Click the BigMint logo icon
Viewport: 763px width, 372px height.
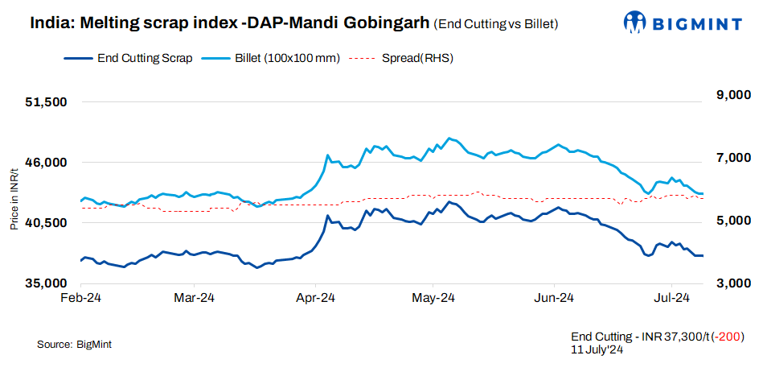coord(634,22)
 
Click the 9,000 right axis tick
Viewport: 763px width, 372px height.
coord(732,96)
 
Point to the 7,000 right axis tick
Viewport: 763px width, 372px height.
coord(732,159)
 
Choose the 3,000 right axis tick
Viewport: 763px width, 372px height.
coord(732,283)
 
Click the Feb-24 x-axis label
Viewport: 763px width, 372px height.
coord(80,299)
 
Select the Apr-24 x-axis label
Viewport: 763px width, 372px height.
coord(315,299)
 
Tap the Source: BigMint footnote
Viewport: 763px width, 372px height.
coord(74,345)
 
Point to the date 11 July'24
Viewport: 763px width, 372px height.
coord(598,349)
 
